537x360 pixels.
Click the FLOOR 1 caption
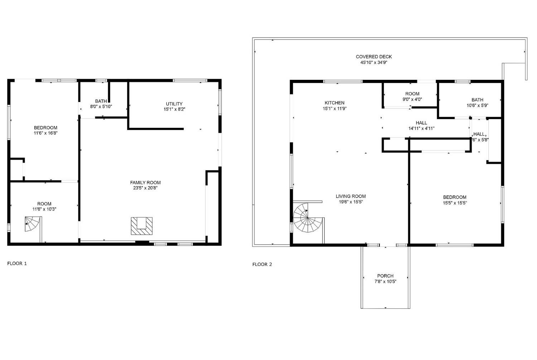(x=17, y=264)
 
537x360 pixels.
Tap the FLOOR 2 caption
(x=262, y=264)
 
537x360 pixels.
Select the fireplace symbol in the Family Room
(x=142, y=226)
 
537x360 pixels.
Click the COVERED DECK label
(x=374, y=57)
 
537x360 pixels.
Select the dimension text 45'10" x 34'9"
(x=374, y=63)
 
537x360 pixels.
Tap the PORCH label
(x=385, y=276)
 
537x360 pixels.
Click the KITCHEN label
(x=334, y=103)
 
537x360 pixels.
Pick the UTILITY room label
(x=174, y=104)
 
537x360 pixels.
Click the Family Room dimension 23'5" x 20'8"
(x=145, y=188)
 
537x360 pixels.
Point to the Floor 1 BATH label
(x=101, y=101)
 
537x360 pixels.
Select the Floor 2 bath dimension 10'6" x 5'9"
(x=477, y=106)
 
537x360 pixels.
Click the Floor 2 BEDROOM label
(x=455, y=197)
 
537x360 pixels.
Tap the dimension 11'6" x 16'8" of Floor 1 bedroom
(x=45, y=133)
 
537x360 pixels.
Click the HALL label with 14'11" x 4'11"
(x=421, y=123)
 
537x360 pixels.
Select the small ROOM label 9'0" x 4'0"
(x=412, y=94)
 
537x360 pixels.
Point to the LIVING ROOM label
(x=350, y=196)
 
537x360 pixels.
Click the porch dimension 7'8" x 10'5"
(x=385, y=282)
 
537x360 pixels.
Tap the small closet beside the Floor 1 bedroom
(x=16, y=170)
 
